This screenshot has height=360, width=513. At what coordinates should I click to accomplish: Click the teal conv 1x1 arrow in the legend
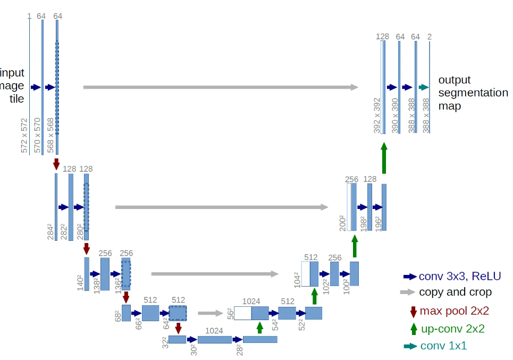410,346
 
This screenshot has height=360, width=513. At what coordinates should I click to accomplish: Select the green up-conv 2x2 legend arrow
413,329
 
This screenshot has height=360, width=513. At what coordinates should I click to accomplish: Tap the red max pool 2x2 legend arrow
413,311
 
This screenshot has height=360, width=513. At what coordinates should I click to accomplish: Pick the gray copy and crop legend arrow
408,292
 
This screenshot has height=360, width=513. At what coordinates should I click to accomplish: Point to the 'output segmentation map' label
473,93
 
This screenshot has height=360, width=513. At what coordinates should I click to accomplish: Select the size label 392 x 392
377,115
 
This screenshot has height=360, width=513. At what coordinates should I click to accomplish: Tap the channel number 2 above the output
430,36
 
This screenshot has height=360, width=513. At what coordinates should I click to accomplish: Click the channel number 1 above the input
29,16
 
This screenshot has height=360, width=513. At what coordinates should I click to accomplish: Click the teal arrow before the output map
423,87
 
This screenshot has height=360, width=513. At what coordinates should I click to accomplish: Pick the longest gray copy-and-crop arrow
221,87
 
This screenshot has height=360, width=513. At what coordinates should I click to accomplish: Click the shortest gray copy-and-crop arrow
210,313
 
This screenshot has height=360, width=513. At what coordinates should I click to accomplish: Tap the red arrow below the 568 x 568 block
56,164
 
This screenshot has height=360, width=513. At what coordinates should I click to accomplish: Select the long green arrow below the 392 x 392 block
384,158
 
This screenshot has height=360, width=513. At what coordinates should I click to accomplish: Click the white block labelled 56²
242,313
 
